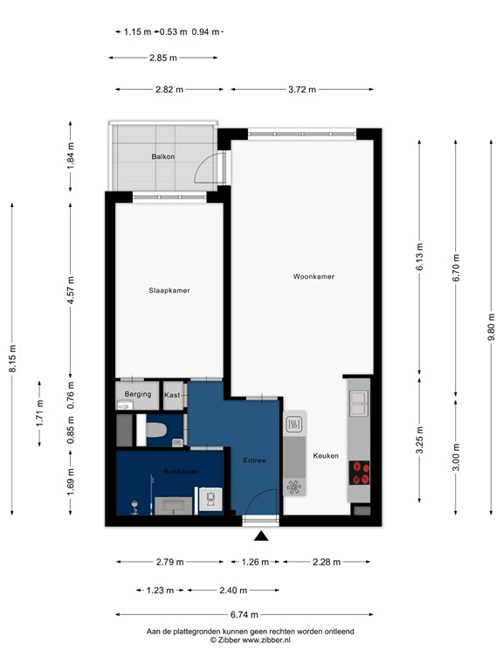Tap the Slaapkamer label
[x=169, y=290]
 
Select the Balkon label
[x=162, y=157]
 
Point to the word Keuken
[x=326, y=455]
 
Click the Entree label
[x=254, y=460]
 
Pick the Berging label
[x=138, y=394]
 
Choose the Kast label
[x=172, y=395]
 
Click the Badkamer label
[x=180, y=472]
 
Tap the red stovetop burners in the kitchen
[x=359, y=473]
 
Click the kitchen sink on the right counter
[x=359, y=403]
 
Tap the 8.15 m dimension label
[x=12, y=358]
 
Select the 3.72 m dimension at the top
[x=301, y=89]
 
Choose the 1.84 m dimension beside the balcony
[x=72, y=157]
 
